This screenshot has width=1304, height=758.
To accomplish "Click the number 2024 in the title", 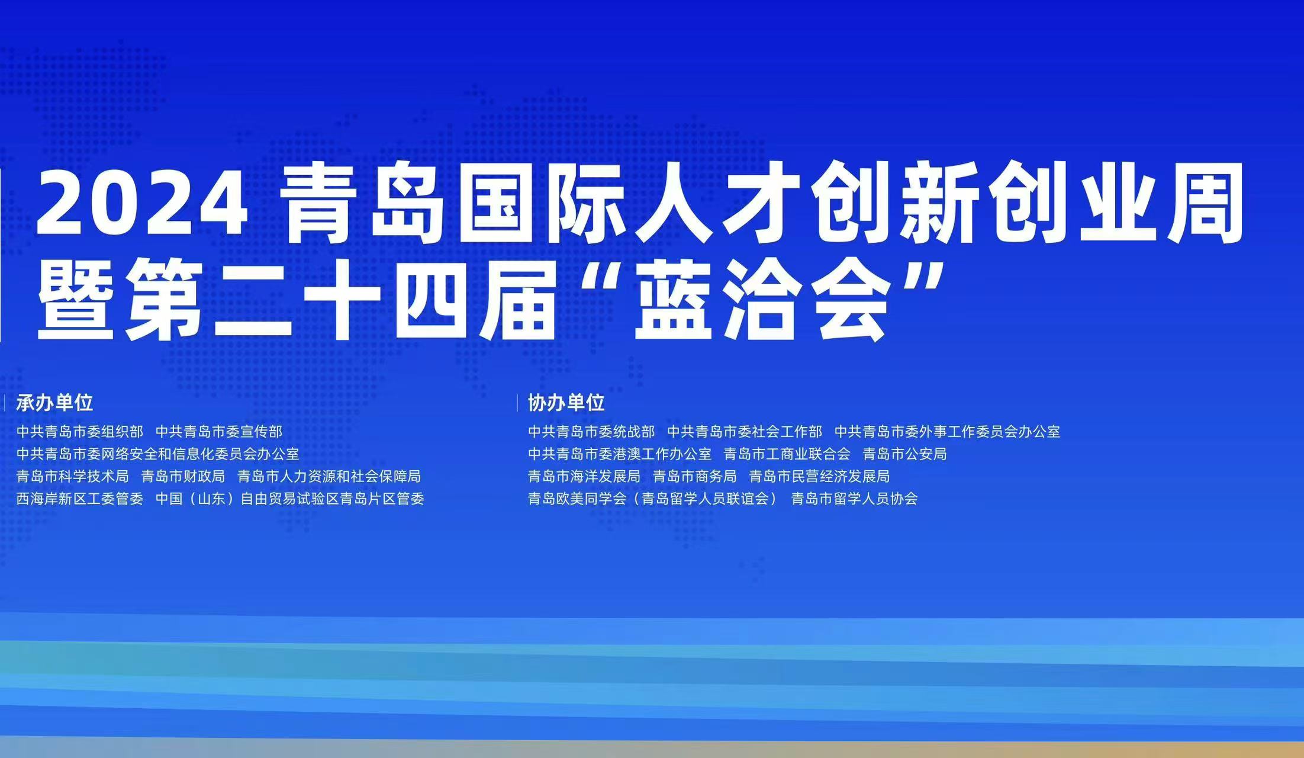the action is pyautogui.click(x=142, y=204).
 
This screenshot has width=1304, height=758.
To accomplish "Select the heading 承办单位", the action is pyautogui.click(x=54, y=403).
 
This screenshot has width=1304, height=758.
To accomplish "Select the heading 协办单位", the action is pyautogui.click(x=566, y=403).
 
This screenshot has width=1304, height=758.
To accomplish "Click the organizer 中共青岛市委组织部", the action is pyautogui.click(x=80, y=432).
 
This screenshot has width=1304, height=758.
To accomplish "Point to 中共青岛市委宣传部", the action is pyautogui.click(x=219, y=432).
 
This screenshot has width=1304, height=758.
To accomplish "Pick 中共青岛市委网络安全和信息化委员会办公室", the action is pyautogui.click(x=158, y=454).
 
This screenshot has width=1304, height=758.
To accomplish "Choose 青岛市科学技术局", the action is pyautogui.click(x=73, y=477).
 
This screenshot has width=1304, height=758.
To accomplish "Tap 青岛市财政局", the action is pyautogui.click(x=183, y=477).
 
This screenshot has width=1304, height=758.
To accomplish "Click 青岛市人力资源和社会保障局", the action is pyautogui.click(x=329, y=477).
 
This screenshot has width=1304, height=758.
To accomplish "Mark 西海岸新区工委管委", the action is pyautogui.click(x=80, y=499).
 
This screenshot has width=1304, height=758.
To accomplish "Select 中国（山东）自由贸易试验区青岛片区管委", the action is pyautogui.click(x=290, y=499).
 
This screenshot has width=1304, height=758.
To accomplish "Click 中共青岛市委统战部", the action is pyautogui.click(x=591, y=432).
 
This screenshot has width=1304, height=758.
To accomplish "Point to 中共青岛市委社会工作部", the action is pyautogui.click(x=745, y=432).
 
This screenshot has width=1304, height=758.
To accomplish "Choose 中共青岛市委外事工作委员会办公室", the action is pyautogui.click(x=947, y=432).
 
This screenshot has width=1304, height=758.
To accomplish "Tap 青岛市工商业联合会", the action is pyautogui.click(x=787, y=454).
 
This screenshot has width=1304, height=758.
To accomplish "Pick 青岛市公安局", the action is pyautogui.click(x=904, y=454).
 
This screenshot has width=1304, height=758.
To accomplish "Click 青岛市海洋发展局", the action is pyautogui.click(x=584, y=477).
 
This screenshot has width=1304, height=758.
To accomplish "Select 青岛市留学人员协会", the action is pyautogui.click(x=855, y=499).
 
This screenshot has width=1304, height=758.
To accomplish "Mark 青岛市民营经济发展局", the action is pyautogui.click(x=819, y=477).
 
